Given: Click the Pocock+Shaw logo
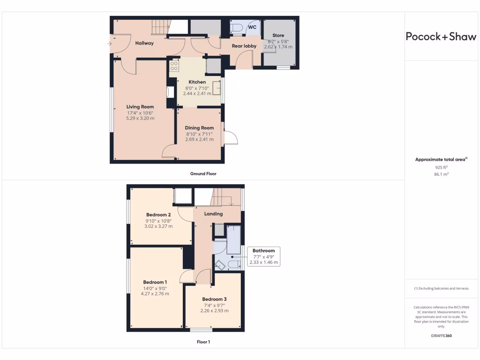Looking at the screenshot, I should [441, 37].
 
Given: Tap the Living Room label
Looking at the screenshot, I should [140, 107].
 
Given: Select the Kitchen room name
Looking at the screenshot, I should [197, 82].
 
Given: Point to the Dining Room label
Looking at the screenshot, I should [199, 128].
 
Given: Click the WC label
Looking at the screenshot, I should [252, 27].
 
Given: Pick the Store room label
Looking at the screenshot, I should [278, 35].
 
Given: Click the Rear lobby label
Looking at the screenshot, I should [244, 46].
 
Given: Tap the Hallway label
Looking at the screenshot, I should [144, 43].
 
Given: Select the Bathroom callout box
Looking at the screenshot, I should [263, 256].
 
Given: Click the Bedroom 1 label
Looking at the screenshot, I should [155, 282].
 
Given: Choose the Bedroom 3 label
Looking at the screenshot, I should [214, 299].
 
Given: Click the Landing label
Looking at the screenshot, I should [213, 214].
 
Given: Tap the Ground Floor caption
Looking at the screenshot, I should [203, 173].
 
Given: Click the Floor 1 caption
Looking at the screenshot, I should [203, 342].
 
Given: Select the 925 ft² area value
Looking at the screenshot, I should [441, 167].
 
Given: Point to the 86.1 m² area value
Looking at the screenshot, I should [441, 174].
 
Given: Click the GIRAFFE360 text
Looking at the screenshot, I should [441, 336].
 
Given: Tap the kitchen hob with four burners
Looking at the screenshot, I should [173, 66].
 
